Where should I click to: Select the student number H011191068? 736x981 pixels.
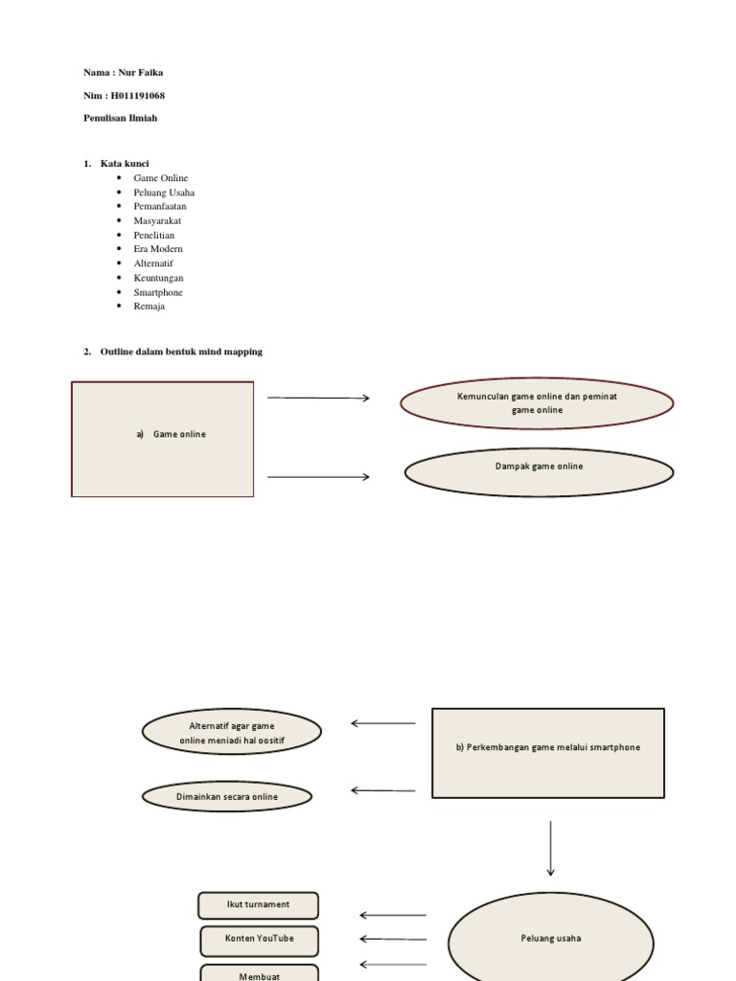pyautogui.click(x=139, y=96)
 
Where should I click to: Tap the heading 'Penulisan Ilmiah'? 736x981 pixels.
pyautogui.click(x=120, y=118)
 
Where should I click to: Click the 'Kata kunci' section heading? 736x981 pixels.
pyautogui.click(x=125, y=164)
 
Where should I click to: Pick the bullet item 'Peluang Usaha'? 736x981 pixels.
pyautogui.click(x=164, y=193)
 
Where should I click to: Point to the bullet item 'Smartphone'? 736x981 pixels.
pyautogui.click(x=158, y=292)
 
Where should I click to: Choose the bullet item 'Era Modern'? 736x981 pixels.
pyautogui.click(x=158, y=249)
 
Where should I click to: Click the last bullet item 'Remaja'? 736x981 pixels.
pyautogui.click(x=149, y=307)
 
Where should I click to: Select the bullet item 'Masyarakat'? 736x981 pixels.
pyautogui.click(x=157, y=220)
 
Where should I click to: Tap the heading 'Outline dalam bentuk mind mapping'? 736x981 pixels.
pyautogui.click(x=181, y=352)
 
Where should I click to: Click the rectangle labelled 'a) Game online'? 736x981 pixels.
pyautogui.click(x=163, y=439)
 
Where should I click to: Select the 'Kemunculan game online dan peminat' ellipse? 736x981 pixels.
pyautogui.click(x=537, y=403)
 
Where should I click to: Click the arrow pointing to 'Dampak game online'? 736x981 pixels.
pyautogui.click(x=318, y=476)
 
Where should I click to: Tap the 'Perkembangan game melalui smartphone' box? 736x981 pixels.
pyautogui.click(x=548, y=752)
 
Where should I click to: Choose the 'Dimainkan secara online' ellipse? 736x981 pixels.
pyautogui.click(x=227, y=796)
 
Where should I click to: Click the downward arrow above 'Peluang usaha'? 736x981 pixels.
pyautogui.click(x=550, y=848)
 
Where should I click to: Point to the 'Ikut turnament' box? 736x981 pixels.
pyautogui.click(x=258, y=905)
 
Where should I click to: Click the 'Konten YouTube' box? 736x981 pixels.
pyautogui.click(x=260, y=940)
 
